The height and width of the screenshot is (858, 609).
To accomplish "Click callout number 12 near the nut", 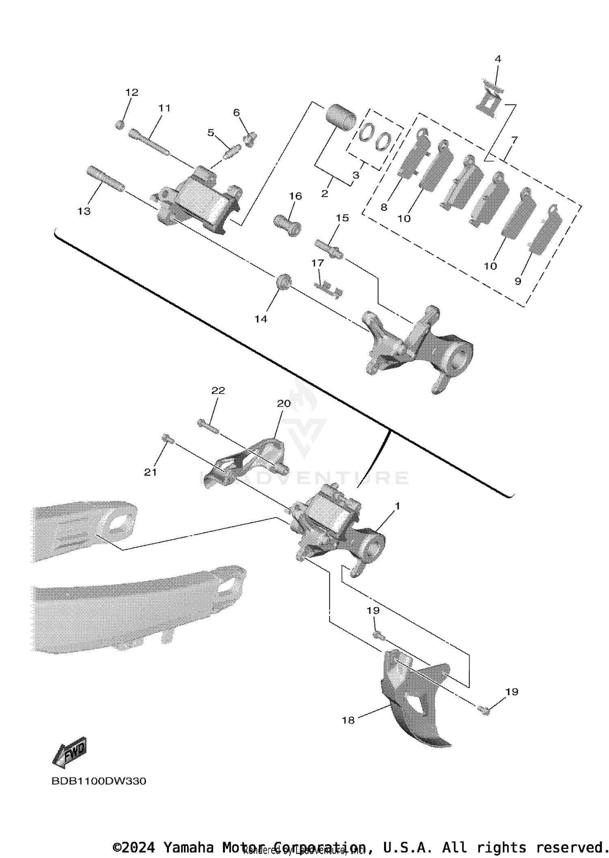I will (x=132, y=92).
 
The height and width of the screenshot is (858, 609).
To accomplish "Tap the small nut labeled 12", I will (x=119, y=125).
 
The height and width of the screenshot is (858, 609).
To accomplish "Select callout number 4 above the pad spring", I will (x=498, y=59).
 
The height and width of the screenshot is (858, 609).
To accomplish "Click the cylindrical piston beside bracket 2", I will (x=341, y=117).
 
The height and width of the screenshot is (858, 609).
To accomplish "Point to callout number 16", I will (x=295, y=196).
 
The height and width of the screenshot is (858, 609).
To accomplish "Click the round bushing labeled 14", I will (x=283, y=282).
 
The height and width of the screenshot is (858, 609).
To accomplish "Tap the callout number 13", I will (x=84, y=211).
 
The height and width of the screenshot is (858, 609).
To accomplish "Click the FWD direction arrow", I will (x=70, y=753).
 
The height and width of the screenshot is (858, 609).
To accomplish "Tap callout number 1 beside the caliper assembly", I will (x=397, y=506).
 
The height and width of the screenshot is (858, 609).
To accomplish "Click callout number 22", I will (x=218, y=391).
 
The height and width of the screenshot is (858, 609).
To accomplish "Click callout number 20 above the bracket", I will (x=284, y=404).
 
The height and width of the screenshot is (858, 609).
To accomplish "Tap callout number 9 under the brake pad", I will (x=518, y=281).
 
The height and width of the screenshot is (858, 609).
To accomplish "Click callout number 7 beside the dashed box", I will (x=514, y=140).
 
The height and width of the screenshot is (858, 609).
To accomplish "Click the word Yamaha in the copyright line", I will (x=188, y=847).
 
